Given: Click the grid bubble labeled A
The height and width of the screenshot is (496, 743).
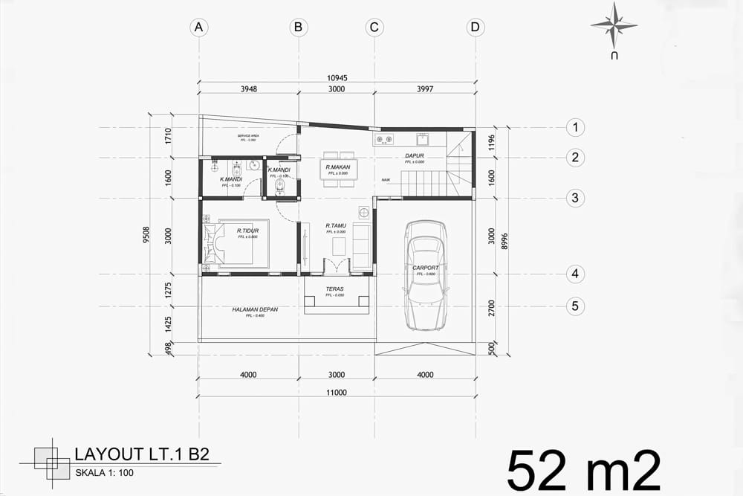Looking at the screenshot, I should (198, 28).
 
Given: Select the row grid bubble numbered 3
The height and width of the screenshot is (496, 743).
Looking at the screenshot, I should (575, 198).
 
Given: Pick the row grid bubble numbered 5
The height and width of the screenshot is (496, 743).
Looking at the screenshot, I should (575, 306).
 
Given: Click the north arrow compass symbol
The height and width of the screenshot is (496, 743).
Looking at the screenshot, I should (614, 25).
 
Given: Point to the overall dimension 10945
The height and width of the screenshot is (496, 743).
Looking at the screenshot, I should (337, 76).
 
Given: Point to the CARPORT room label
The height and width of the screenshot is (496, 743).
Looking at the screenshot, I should (425, 267).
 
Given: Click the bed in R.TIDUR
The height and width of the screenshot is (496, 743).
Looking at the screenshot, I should (236, 242).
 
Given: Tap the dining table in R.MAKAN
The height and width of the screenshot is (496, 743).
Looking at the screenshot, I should (338, 170).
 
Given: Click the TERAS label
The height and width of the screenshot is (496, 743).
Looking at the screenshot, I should (334, 289).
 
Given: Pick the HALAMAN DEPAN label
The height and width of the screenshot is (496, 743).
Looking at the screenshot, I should (255, 309).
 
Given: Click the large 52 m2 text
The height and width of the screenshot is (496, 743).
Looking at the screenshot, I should (583, 468).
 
